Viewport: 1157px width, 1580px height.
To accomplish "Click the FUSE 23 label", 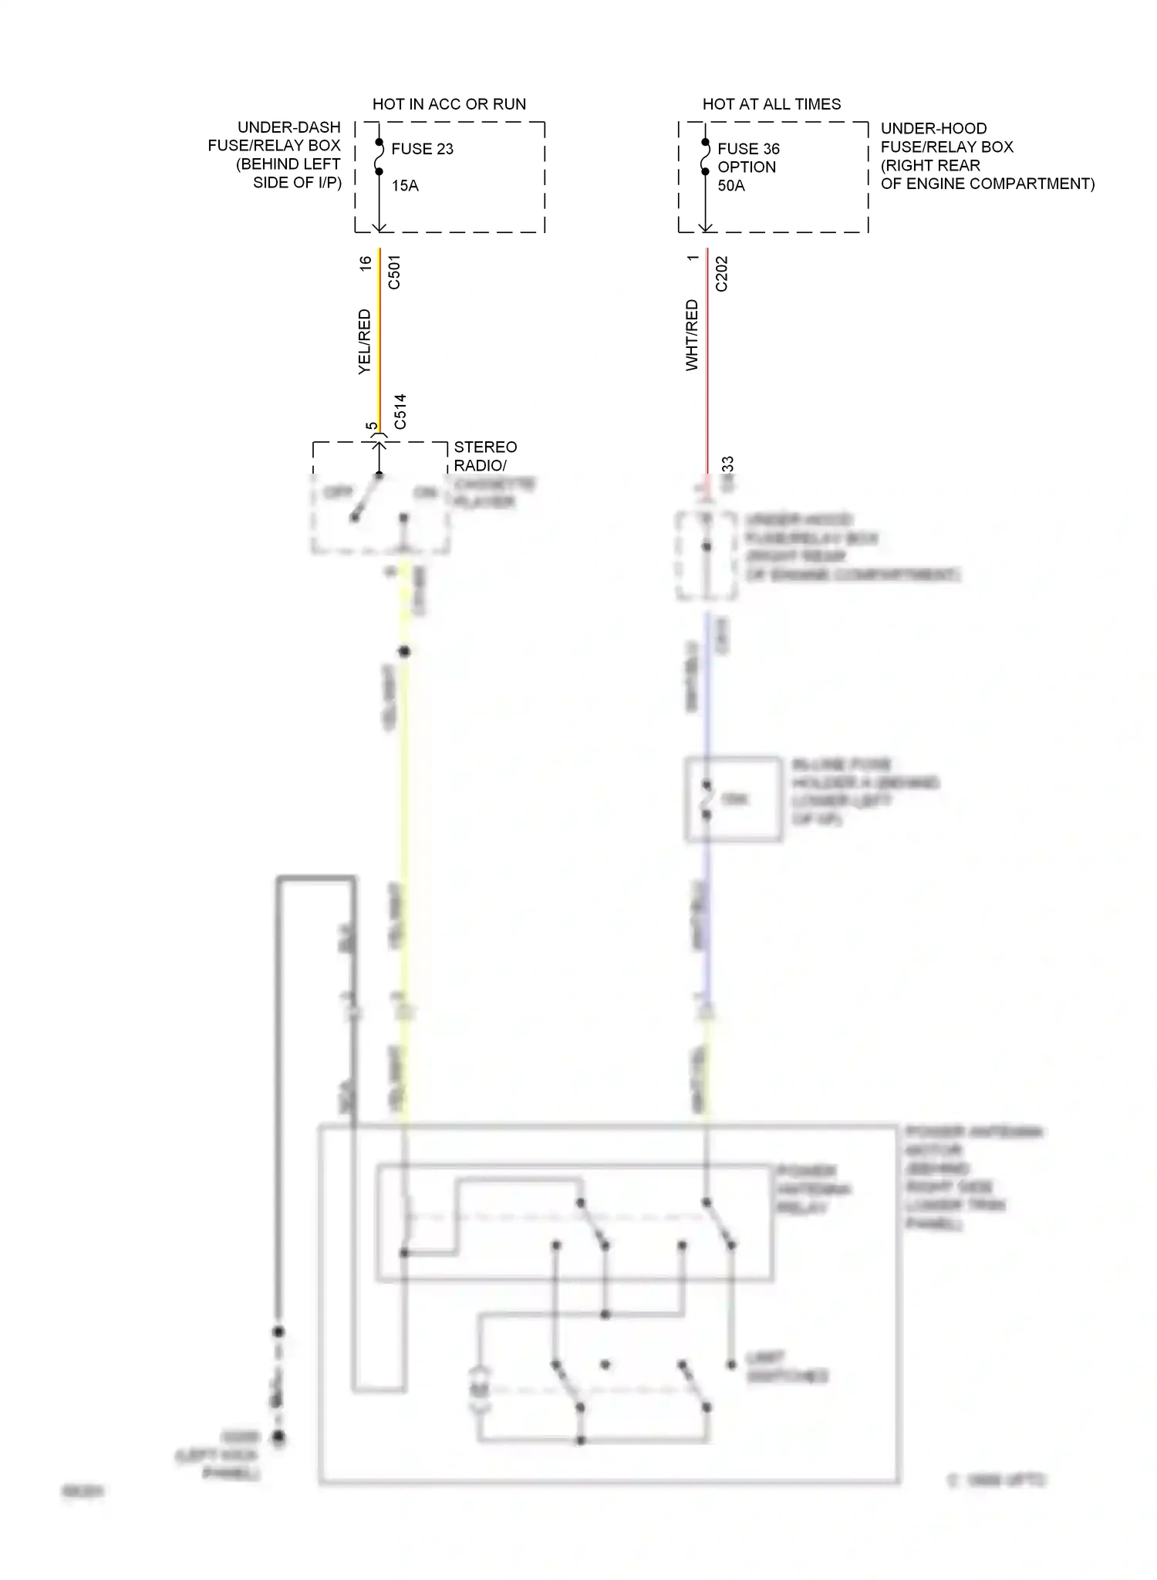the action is point(422,149).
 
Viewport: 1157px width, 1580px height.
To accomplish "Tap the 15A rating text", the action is point(405,185).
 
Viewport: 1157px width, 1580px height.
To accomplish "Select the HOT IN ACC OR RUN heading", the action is point(449,104).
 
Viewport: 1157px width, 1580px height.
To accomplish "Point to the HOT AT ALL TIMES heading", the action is point(771,104).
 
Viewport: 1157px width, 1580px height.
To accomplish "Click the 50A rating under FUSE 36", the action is point(731,185).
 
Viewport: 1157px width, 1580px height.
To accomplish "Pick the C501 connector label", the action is point(394,272).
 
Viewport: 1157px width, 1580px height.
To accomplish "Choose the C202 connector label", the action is point(722,274).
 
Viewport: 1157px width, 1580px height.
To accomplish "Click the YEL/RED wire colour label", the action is point(365,342).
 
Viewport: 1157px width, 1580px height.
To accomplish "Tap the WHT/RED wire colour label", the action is point(692,336).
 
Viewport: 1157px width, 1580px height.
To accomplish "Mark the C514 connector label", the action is point(400,411).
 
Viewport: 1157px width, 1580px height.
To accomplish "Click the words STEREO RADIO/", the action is point(485,456).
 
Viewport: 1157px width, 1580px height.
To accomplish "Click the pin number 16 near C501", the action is point(366,263).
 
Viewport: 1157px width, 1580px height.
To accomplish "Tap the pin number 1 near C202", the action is point(693,258).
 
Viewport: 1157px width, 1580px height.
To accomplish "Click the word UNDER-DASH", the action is point(288,127).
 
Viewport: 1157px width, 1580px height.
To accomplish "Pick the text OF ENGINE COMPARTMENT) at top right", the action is point(987,184).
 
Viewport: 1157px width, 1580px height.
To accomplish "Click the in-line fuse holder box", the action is point(733,798).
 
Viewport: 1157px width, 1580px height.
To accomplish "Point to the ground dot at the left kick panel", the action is point(278,1437).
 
